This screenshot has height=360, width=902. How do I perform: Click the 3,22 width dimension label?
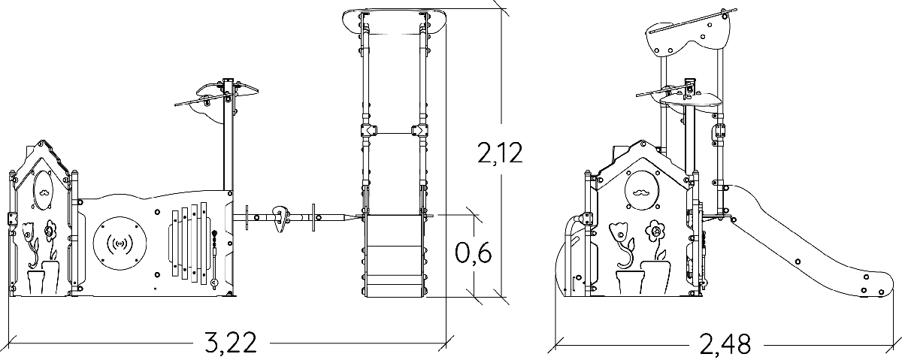tap(230, 343)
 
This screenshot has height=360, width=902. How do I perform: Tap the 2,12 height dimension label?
tap(500, 153)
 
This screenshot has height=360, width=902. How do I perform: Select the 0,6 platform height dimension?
tap(473, 253)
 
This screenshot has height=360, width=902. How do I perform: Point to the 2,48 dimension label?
tap(725, 345)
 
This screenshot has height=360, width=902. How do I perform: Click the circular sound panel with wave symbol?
tap(120, 244)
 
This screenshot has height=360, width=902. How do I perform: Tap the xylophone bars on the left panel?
tap(189, 244)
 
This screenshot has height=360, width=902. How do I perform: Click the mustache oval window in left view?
tap(44, 190)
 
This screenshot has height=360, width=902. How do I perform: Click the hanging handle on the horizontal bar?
tap(282, 219)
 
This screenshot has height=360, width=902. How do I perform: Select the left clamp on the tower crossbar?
tap(368, 131)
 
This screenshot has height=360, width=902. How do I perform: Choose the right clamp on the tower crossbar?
tap(419, 131)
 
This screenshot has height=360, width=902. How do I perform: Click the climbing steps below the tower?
tap(394, 256)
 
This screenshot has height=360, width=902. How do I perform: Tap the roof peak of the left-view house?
tap(41, 142)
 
